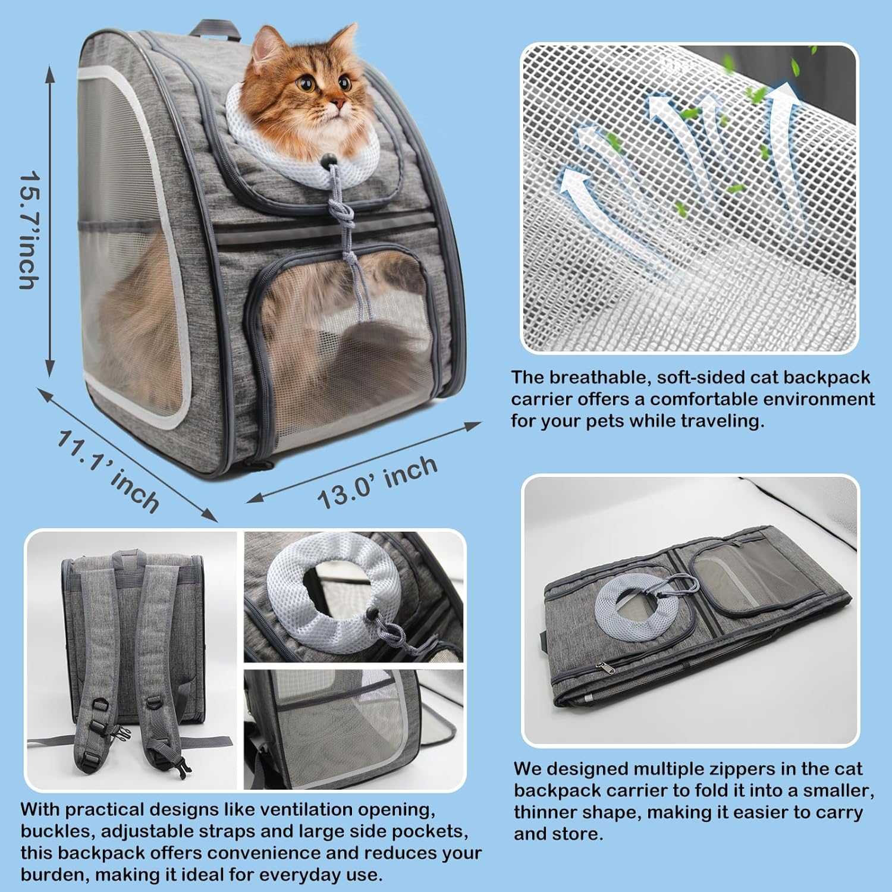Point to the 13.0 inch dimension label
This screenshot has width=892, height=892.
[377, 482]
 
